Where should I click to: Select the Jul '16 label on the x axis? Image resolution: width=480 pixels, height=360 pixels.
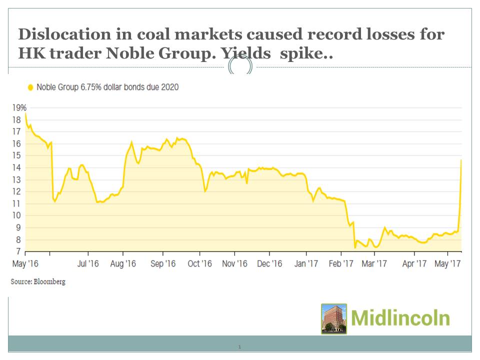click(x=88, y=263)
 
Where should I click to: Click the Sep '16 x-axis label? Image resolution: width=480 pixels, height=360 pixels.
click(x=163, y=263)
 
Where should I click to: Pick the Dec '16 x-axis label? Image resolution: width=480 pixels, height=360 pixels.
click(x=269, y=263)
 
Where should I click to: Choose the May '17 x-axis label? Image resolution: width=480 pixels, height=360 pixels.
click(x=447, y=263)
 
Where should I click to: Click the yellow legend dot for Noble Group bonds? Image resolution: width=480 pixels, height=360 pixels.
click(x=30, y=87)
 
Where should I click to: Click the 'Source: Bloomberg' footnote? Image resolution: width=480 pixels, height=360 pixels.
click(x=38, y=281)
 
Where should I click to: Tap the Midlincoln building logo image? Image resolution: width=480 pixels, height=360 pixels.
click(x=334, y=318)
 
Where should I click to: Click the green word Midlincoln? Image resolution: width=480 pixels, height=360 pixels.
click(x=400, y=318)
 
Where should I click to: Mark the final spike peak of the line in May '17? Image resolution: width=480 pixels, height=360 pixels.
click(x=461, y=160)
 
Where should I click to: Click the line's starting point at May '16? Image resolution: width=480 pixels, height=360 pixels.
click(x=25, y=113)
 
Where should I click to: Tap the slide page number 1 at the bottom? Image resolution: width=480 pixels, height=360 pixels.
click(x=240, y=346)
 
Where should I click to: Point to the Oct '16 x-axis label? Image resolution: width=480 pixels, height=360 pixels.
click(x=199, y=263)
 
